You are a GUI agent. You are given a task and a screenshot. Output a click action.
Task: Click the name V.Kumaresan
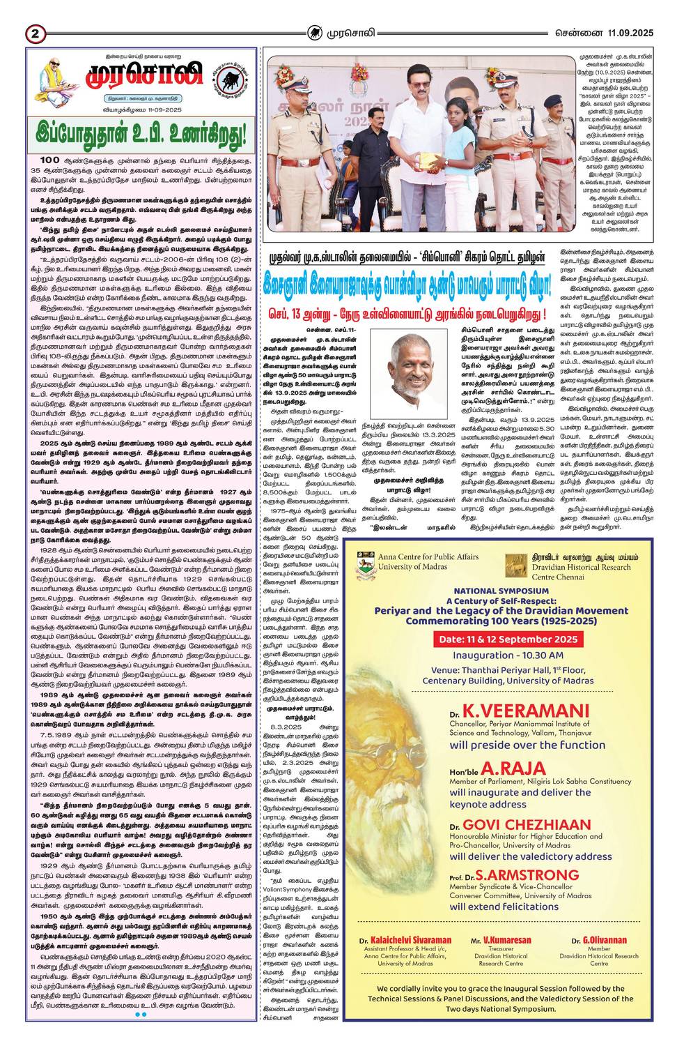pos(501,940)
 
